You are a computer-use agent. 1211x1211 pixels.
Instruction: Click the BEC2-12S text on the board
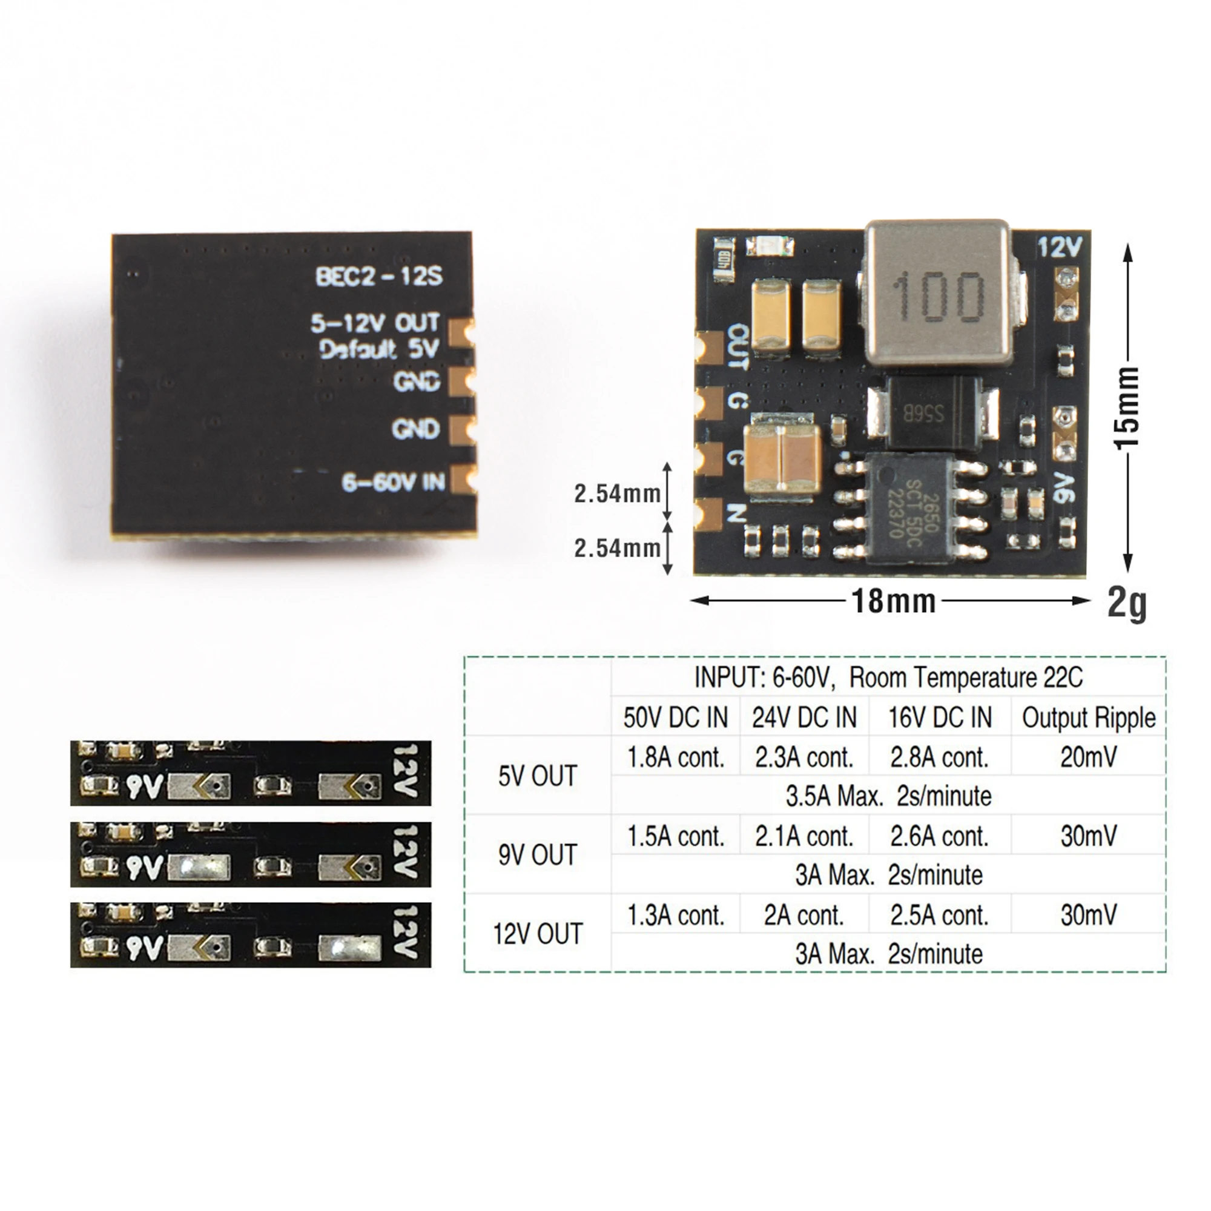click(x=378, y=277)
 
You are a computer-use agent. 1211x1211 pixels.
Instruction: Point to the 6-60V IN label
click(x=394, y=482)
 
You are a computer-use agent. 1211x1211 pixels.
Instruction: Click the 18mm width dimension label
click(x=893, y=601)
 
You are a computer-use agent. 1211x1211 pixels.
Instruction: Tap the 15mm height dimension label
click(x=1127, y=408)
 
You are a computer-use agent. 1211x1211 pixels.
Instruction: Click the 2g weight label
click(x=1127, y=603)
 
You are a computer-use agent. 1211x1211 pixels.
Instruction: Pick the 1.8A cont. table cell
click(x=676, y=758)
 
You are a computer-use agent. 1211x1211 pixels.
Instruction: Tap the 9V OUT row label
click(x=537, y=855)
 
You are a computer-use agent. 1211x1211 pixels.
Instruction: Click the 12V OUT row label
click(x=537, y=934)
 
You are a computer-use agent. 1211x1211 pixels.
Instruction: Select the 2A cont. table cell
click(x=803, y=916)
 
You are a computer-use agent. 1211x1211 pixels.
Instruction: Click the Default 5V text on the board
click(x=378, y=349)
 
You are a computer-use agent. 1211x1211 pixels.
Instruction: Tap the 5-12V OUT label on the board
click(x=375, y=323)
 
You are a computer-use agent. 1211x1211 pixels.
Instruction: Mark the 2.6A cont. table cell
click(x=939, y=837)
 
